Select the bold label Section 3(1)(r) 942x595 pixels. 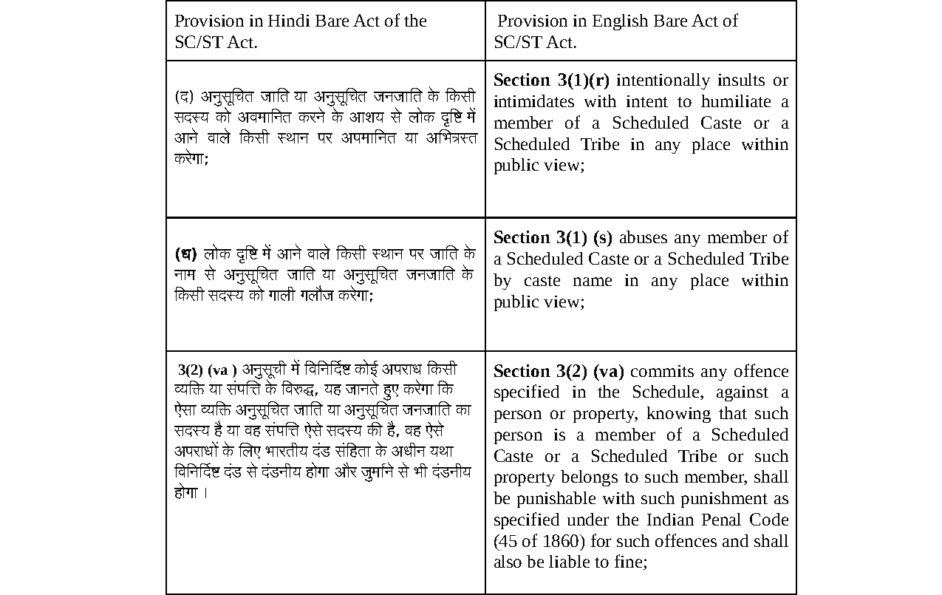(551, 80)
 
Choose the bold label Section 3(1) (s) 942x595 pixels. (553, 237)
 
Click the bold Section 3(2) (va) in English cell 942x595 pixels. (559, 371)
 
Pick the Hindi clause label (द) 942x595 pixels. (184, 97)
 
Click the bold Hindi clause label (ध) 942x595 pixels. (185, 254)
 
